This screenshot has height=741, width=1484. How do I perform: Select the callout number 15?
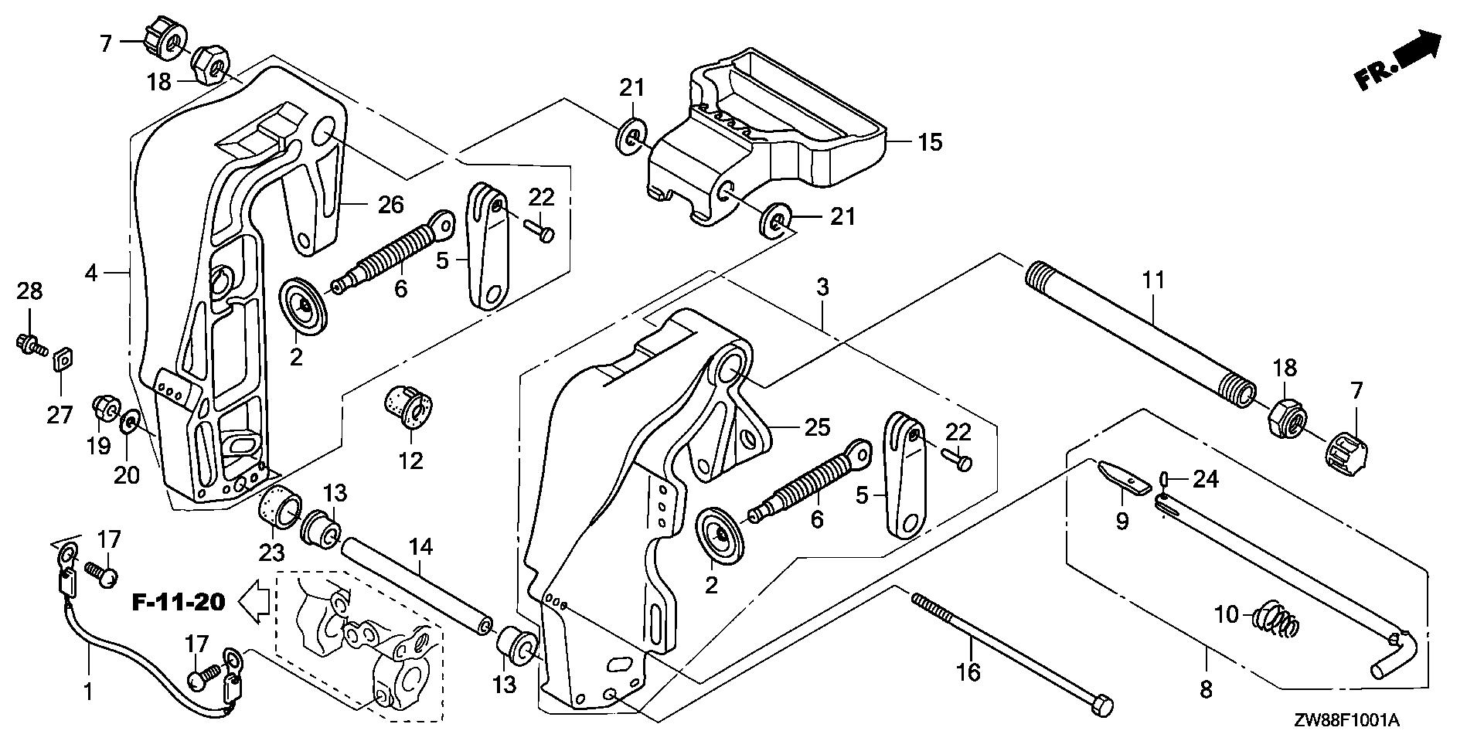point(931,143)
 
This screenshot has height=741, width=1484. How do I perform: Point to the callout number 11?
point(1152,280)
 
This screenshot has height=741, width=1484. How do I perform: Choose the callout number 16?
point(968,672)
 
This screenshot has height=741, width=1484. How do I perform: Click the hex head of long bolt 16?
point(1102,705)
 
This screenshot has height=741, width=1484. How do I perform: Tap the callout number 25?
point(817,427)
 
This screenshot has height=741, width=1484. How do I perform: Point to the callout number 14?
point(420,548)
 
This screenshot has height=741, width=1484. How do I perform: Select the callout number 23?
point(272,553)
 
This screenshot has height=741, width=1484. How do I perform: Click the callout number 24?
point(1205,480)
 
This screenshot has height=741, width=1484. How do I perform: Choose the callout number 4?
point(91,273)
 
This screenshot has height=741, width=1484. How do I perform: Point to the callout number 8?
point(1206,689)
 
